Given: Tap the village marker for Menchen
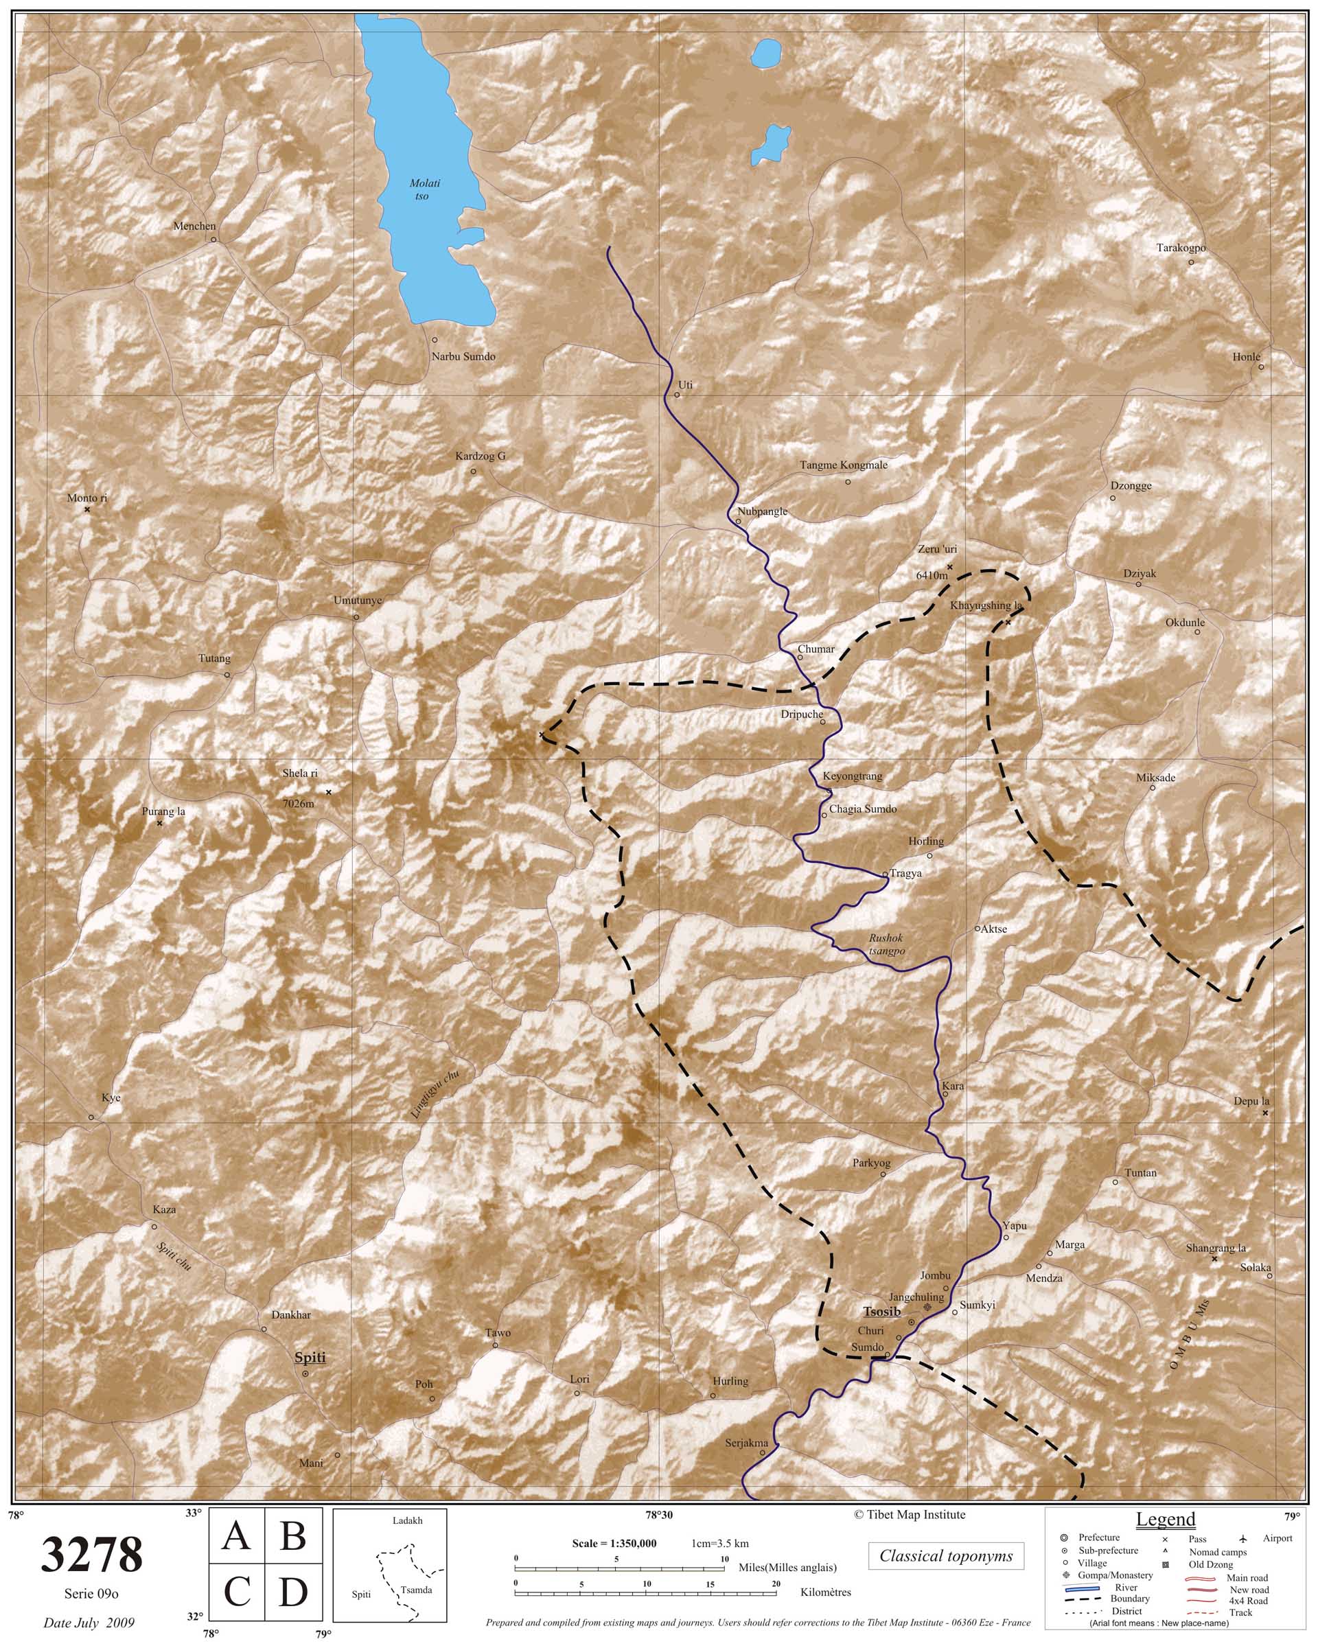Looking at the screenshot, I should (x=213, y=240).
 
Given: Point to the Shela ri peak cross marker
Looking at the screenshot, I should (x=329, y=792).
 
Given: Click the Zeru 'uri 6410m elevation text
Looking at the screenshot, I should (x=930, y=577).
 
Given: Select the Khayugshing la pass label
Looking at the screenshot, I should (x=986, y=605).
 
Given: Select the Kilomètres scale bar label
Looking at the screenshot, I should (x=825, y=1592).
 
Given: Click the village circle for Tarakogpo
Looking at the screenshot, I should (x=1191, y=262).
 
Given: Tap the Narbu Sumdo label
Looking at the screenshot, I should (x=463, y=356).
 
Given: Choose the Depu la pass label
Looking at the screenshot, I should (x=1251, y=1102).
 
